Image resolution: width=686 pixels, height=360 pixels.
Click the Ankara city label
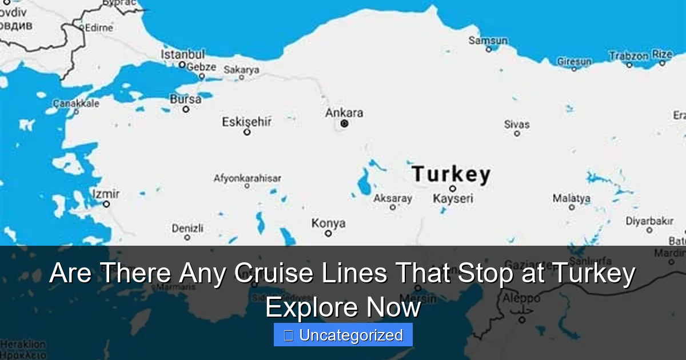[x=344, y=113]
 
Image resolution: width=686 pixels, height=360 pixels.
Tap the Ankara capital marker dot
[x=344, y=123]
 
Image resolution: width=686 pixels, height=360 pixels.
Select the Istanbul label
[x=182, y=54]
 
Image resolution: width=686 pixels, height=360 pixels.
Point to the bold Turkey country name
[x=451, y=174]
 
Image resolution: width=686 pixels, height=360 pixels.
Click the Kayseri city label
[x=453, y=199]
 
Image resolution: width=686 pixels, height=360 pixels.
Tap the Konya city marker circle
[x=328, y=233]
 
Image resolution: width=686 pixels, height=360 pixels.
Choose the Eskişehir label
[x=246, y=121]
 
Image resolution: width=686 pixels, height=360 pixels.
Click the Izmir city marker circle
[x=106, y=203]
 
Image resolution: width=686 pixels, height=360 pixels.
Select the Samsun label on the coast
[x=488, y=40]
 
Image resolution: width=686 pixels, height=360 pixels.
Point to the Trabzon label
[x=628, y=56]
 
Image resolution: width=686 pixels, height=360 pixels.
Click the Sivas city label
[x=517, y=124]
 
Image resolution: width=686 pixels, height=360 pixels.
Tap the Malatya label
[x=571, y=198]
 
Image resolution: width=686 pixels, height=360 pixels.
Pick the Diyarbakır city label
[x=649, y=221]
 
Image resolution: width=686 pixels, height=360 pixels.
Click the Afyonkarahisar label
[x=247, y=178]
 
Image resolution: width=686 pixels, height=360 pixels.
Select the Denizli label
[x=188, y=228]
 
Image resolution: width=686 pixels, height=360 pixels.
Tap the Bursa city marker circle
[x=186, y=109]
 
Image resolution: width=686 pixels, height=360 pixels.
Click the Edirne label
[x=98, y=27]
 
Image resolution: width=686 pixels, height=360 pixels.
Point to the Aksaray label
[x=393, y=198]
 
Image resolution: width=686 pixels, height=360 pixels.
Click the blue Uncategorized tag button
[x=343, y=335]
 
